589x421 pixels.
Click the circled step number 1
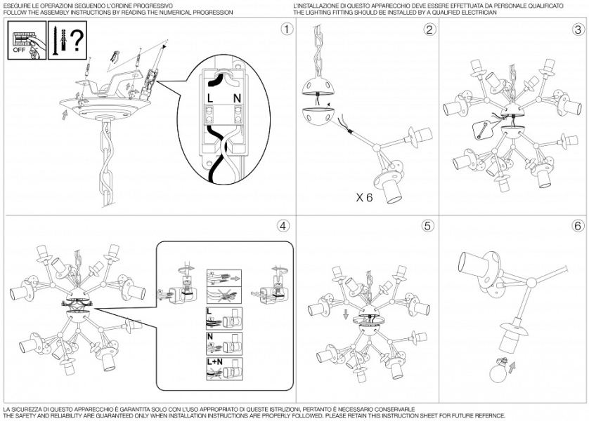[x=286, y=29]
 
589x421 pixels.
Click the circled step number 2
[x=430, y=29]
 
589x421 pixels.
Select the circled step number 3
[x=578, y=29]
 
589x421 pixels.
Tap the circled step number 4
[x=283, y=226]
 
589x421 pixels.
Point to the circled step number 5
[x=428, y=226]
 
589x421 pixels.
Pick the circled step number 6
[x=578, y=226]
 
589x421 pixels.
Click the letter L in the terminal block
[x=210, y=97]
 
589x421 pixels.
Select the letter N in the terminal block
[x=237, y=97]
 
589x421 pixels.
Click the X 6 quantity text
[x=364, y=199]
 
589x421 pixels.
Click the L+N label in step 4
[x=215, y=362]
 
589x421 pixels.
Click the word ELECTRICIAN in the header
[x=477, y=13]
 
